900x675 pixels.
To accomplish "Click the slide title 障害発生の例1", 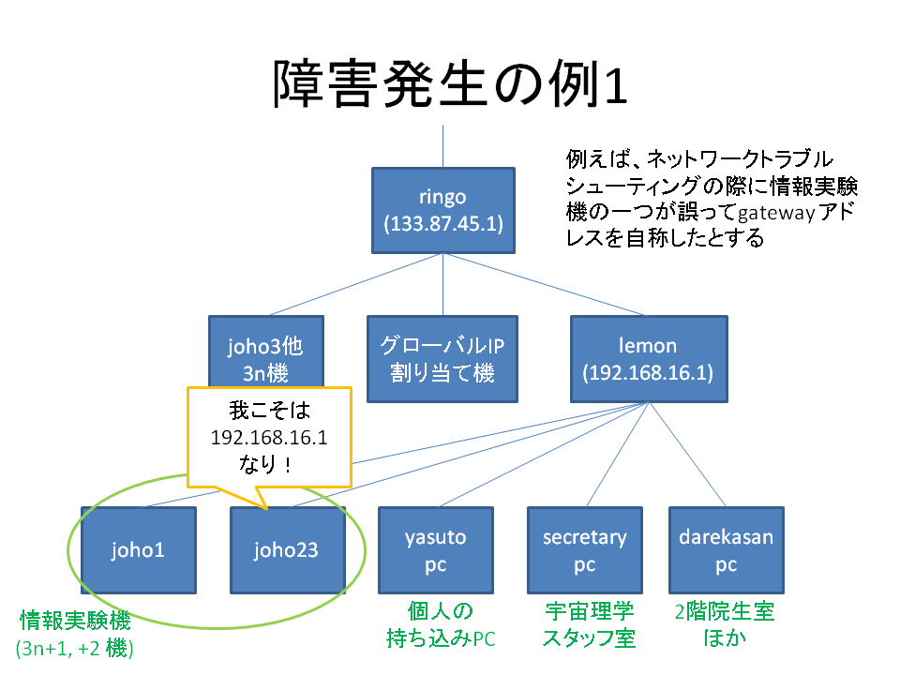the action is [450, 84].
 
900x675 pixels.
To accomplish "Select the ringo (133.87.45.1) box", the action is [443, 211].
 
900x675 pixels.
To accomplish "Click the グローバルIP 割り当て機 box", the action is [442, 359].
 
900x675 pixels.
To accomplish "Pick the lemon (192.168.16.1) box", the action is [649, 359].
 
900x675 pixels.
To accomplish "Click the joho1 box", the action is [139, 550].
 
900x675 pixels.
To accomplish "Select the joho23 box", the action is [288, 550].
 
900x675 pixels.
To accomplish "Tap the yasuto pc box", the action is [436, 550].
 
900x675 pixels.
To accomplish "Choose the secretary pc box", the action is [585, 550].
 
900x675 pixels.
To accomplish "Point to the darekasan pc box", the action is [726, 550].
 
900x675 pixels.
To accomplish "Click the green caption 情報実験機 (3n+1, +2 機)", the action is [75, 634].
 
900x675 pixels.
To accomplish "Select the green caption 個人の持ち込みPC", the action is [441, 624].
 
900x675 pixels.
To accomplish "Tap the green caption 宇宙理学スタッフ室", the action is [589, 624].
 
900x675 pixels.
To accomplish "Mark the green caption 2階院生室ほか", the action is [725, 624].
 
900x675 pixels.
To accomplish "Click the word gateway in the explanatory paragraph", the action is [776, 214].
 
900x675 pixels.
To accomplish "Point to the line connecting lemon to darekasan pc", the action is [687, 455].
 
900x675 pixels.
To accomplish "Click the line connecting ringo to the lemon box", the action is [544, 284].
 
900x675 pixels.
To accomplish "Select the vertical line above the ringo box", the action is [442, 146].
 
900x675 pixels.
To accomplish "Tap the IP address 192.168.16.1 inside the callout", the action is [269, 438].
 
